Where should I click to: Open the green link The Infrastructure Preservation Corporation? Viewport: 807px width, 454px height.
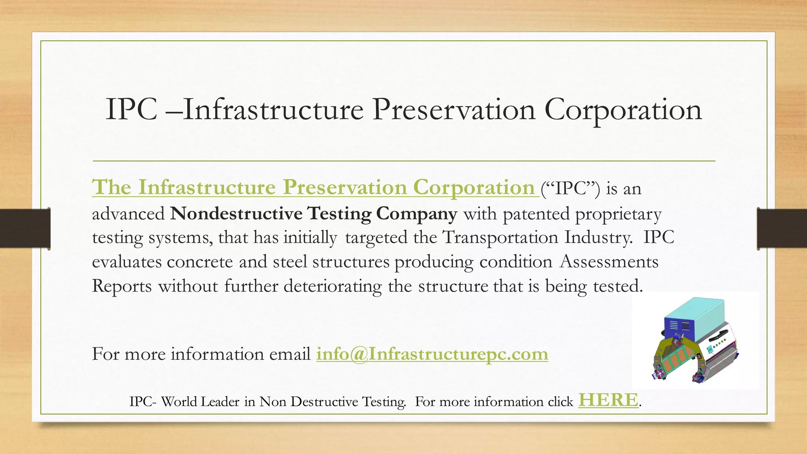(313, 187)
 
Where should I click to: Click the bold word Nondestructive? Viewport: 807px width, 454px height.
(236, 213)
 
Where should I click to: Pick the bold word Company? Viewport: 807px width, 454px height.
(417, 213)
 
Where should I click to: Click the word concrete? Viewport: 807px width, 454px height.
(200, 262)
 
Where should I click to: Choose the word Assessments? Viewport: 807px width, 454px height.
(609, 262)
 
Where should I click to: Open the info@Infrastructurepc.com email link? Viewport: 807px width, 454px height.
(432, 354)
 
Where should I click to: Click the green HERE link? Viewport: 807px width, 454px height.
(608, 400)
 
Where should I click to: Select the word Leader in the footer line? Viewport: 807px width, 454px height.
(220, 402)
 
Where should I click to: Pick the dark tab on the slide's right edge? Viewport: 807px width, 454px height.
(782, 229)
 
